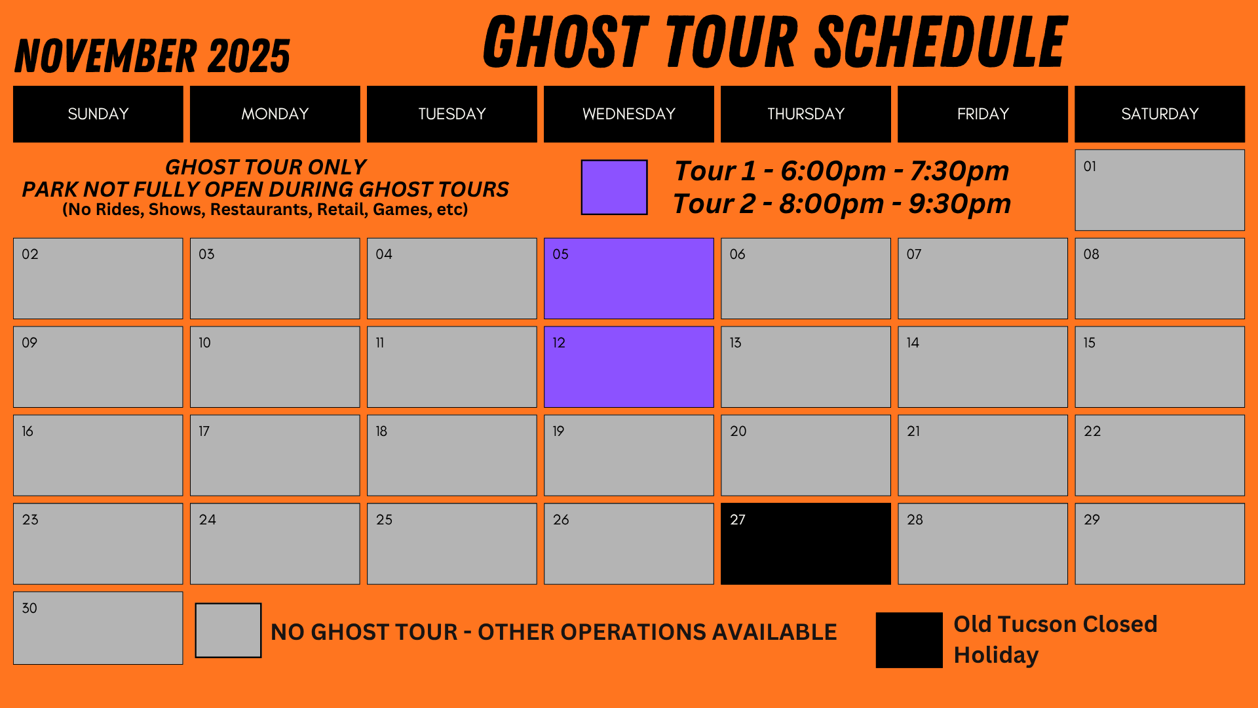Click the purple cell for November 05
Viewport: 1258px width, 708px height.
(629, 279)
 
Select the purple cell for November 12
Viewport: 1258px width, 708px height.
(629, 367)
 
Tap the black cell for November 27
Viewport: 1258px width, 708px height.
(806, 543)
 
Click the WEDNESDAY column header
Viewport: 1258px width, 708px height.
(629, 114)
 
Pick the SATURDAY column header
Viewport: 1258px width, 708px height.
(1160, 114)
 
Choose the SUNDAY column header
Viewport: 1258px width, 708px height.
(98, 114)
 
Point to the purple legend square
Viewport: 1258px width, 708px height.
(615, 187)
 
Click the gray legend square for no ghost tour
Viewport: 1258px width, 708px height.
(229, 631)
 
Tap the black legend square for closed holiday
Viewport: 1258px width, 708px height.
(909, 640)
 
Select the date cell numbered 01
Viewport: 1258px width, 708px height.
(1160, 190)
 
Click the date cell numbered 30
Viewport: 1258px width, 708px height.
(98, 628)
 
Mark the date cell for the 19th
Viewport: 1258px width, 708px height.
(629, 455)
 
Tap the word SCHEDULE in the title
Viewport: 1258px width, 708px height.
(942, 43)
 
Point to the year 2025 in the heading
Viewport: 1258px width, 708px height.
(249, 56)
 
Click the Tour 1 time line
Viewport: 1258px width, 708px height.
(842, 171)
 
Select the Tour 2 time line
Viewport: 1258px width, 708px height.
(842, 204)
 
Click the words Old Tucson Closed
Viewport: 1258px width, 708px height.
(1056, 624)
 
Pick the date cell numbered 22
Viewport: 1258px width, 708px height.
(1160, 455)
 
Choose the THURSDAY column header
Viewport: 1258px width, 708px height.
(806, 114)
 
